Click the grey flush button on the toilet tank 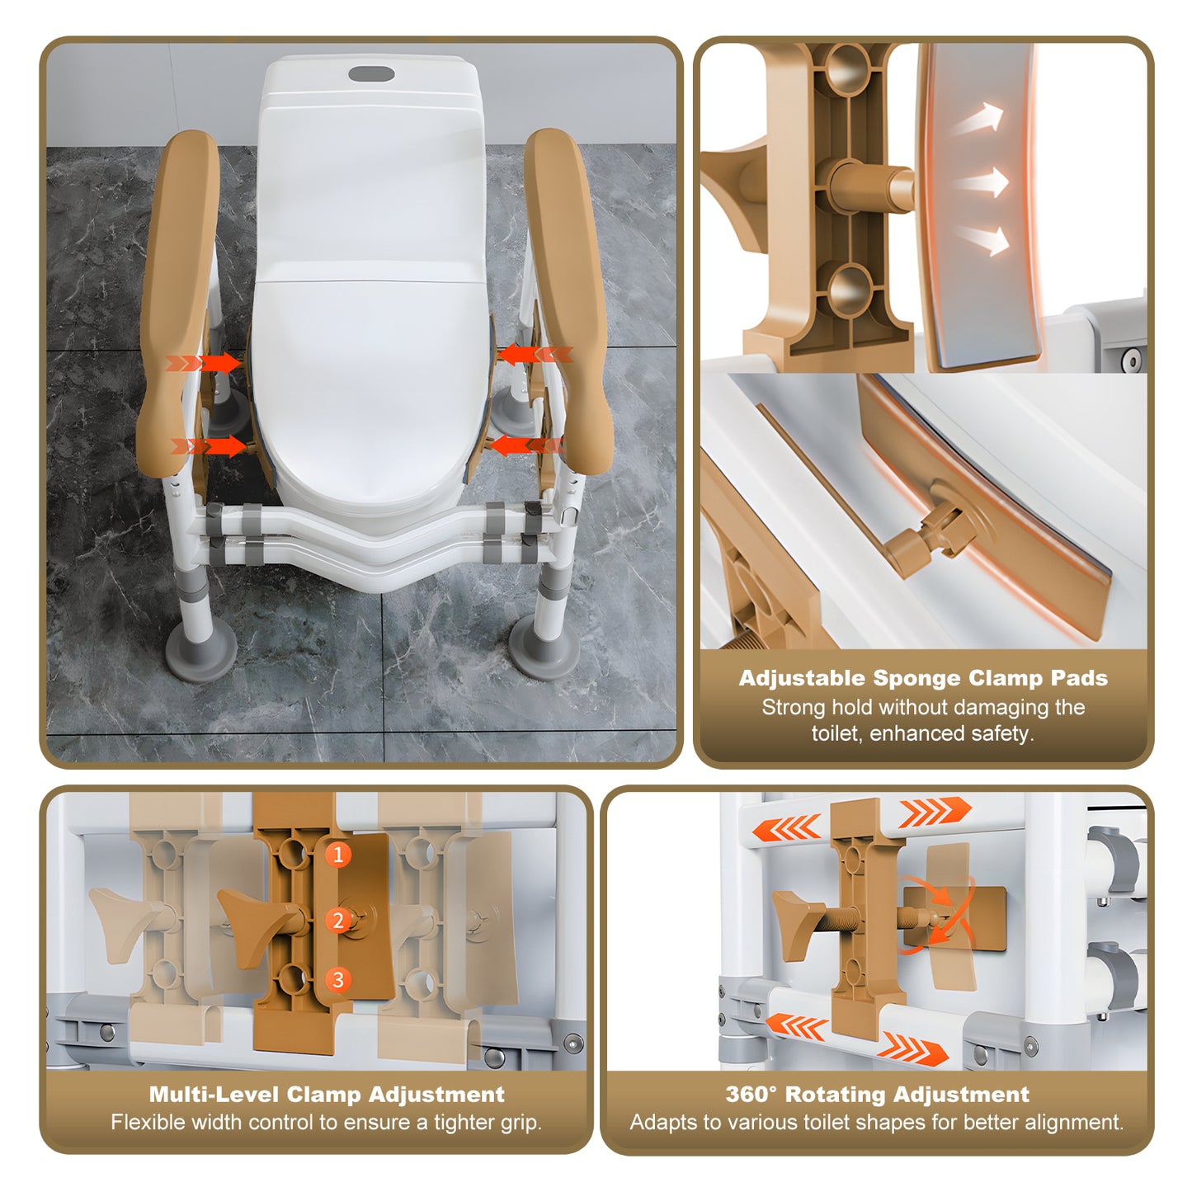[371, 74]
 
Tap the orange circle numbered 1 [337, 855]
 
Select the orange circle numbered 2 [337, 920]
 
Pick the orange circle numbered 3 [337, 980]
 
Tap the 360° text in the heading [751, 1095]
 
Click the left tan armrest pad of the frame [177, 297]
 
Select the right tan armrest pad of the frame [568, 297]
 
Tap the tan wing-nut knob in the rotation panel [795, 925]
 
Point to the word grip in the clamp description [517, 1123]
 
